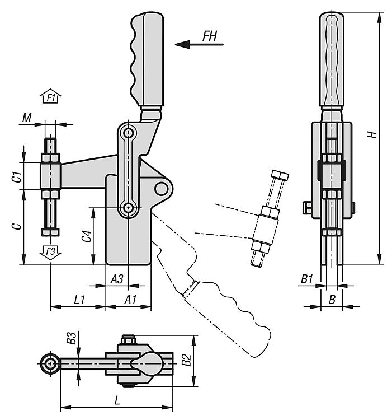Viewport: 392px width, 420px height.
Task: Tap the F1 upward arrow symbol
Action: [51, 97]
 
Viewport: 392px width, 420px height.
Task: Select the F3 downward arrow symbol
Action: [50, 253]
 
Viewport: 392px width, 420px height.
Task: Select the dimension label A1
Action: [130, 300]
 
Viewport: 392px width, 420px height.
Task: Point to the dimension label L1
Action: [79, 300]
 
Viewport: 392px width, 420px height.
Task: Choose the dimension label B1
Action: [307, 278]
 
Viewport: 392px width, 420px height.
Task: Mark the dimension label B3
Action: [71, 338]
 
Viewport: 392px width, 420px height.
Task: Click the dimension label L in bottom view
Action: [116, 401]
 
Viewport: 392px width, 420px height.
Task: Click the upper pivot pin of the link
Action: [129, 134]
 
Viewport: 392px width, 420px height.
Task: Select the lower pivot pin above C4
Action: [129, 208]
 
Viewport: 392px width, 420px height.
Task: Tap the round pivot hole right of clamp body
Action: [162, 186]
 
